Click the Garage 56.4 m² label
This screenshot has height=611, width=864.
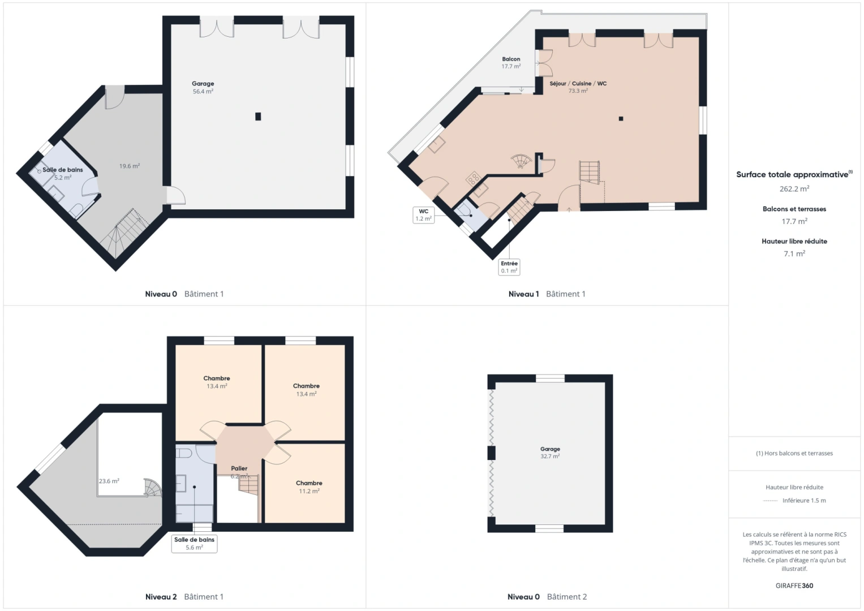pyautogui.click(x=203, y=87)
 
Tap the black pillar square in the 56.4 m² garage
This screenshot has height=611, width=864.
pyautogui.click(x=258, y=117)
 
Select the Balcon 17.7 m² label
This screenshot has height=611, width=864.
pyautogui.click(x=511, y=62)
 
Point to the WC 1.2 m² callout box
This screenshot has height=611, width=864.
pyautogui.click(x=423, y=215)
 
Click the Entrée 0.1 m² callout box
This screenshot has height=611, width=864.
pyautogui.click(x=509, y=267)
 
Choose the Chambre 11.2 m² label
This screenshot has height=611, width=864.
pyautogui.click(x=309, y=487)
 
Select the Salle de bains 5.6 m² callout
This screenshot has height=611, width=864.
pyautogui.click(x=194, y=544)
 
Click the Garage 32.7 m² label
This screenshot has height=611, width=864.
pyautogui.click(x=550, y=453)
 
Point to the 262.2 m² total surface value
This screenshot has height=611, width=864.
pyautogui.click(x=794, y=189)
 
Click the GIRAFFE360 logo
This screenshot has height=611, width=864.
pyautogui.click(x=794, y=586)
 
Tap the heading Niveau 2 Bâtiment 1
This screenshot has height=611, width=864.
pyautogui.click(x=184, y=597)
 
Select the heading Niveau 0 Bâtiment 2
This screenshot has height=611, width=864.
pyautogui.click(x=547, y=597)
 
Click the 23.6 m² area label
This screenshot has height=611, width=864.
pyautogui.click(x=109, y=481)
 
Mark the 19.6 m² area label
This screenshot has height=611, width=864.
pyautogui.click(x=129, y=166)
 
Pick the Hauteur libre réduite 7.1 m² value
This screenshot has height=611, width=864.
pyautogui.click(x=794, y=254)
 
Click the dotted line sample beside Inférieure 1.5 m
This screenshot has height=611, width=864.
pyautogui.click(x=770, y=501)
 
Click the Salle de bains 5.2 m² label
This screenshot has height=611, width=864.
pyautogui.click(x=63, y=173)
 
